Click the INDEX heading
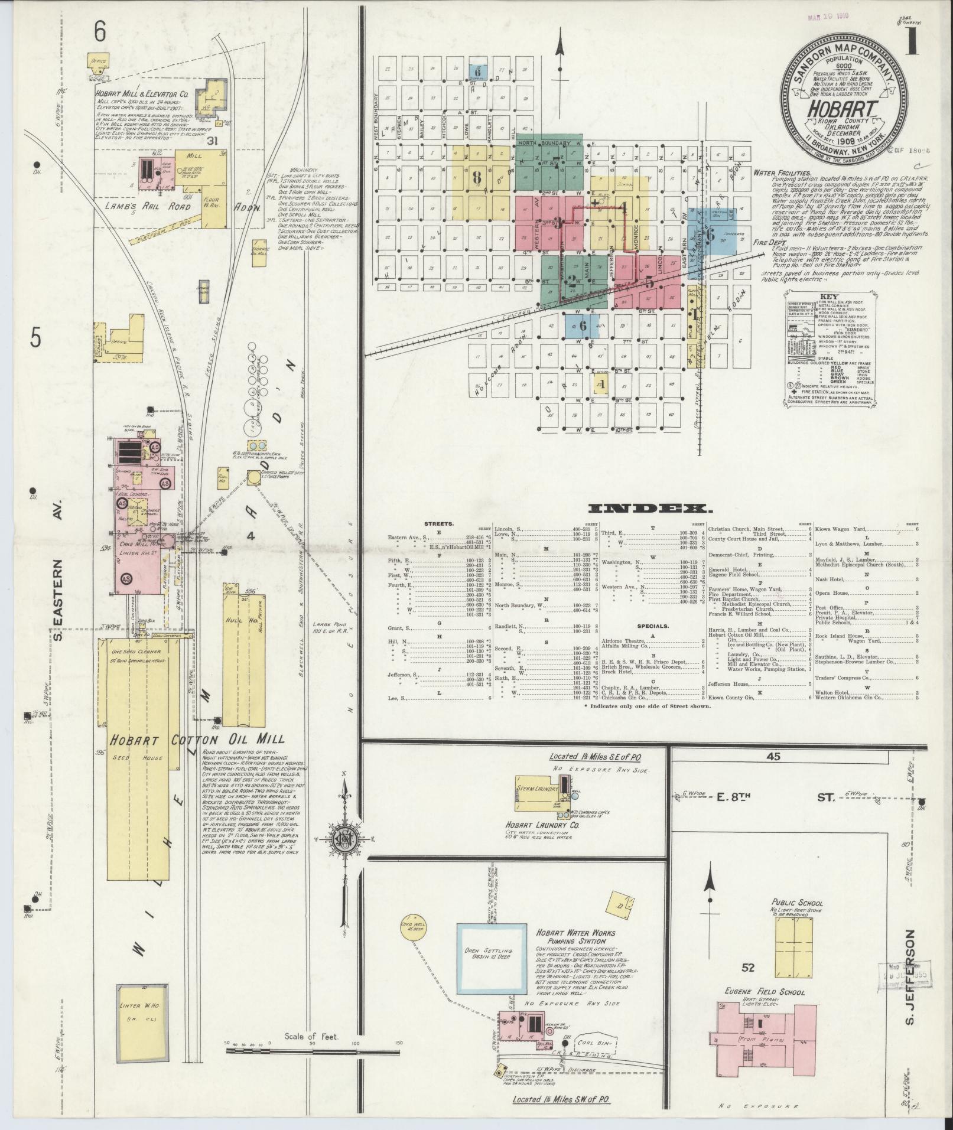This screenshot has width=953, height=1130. [x=648, y=509]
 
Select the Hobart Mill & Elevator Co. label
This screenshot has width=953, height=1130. [x=142, y=93]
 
